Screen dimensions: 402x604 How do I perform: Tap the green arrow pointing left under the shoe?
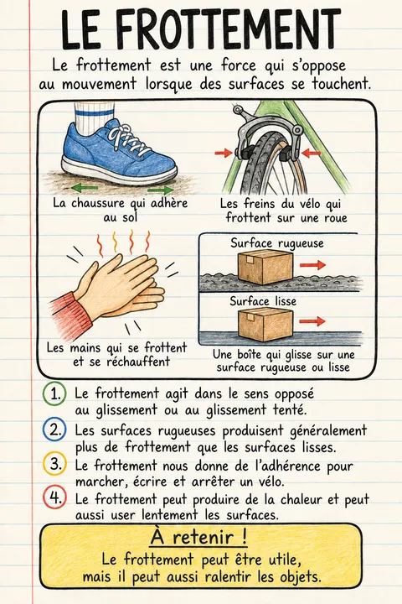pyautogui.click(x=85, y=188)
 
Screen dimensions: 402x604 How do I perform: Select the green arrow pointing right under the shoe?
pyautogui.click(x=160, y=190)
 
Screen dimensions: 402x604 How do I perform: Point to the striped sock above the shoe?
pyautogui.click(x=94, y=112)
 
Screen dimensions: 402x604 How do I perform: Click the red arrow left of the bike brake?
pyautogui.click(x=224, y=154)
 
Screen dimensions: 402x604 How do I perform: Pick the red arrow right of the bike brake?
pyautogui.click(x=312, y=154)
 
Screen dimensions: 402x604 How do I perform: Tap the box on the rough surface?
pyautogui.click(x=265, y=268)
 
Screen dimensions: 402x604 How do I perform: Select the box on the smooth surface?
pyautogui.click(x=265, y=324)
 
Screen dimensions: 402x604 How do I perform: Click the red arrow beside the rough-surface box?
pyautogui.click(x=312, y=264)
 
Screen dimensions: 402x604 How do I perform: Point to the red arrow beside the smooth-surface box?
pyautogui.click(x=312, y=320)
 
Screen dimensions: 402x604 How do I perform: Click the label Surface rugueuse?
pyautogui.click(x=277, y=243)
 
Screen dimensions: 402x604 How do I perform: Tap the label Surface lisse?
pyautogui.click(x=263, y=301)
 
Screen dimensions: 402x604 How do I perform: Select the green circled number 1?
pyautogui.click(x=54, y=393)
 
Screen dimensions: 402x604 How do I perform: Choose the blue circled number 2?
pyautogui.click(x=54, y=430)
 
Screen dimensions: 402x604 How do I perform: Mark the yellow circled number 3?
pyautogui.click(x=54, y=463)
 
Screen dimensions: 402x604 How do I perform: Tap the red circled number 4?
pyautogui.click(x=54, y=497)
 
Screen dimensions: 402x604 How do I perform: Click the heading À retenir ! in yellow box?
pyautogui.click(x=198, y=538)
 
